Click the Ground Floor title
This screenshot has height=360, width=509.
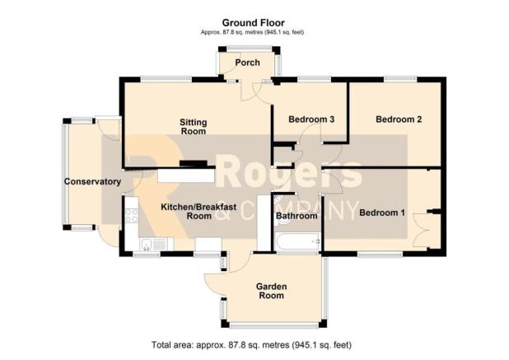click(x=253, y=23)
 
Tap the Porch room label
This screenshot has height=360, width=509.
click(x=247, y=63)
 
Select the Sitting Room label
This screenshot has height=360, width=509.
click(x=194, y=127)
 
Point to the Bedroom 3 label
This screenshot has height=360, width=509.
click(x=311, y=119)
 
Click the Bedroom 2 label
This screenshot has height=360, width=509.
click(x=399, y=119)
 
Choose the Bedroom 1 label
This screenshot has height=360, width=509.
click(x=382, y=213)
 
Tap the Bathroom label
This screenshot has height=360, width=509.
click(x=297, y=216)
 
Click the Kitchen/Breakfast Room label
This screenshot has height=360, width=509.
click(x=198, y=212)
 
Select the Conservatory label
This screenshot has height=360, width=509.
click(x=92, y=181)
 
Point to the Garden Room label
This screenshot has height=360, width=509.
click(x=271, y=291)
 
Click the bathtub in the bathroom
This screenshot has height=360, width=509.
click(x=297, y=241)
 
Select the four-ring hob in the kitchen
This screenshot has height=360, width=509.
click(x=132, y=216)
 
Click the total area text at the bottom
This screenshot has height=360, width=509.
click(x=251, y=344)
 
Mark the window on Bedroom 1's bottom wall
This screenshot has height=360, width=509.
click(x=381, y=255)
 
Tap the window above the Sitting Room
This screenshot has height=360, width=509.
click(x=166, y=78)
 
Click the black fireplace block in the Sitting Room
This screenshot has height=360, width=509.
click(x=194, y=163)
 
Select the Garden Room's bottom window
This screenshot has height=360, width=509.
click(x=274, y=325)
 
